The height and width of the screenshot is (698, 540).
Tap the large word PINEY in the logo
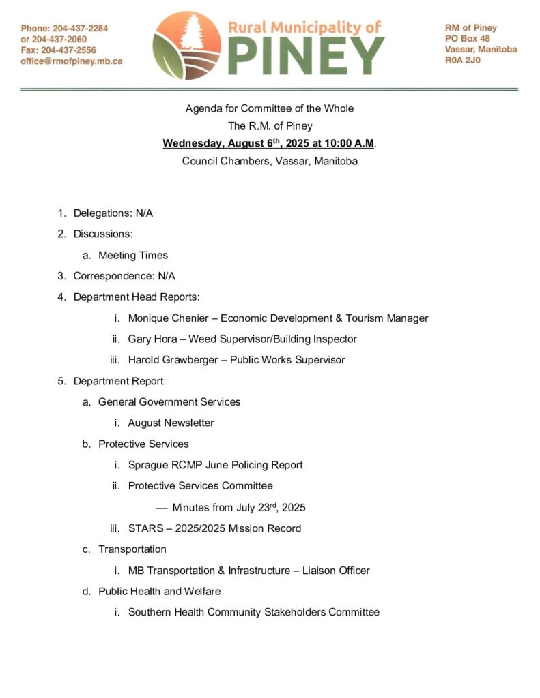click(306, 55)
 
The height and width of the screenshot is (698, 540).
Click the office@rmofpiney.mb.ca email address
click(71, 61)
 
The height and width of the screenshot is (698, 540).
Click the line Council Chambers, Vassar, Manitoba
click(270, 162)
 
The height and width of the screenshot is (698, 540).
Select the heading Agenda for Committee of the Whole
click(270, 108)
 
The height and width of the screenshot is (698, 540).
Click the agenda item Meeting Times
click(132, 255)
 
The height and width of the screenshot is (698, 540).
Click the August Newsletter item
click(171, 423)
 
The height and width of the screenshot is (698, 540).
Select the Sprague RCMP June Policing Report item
click(215, 465)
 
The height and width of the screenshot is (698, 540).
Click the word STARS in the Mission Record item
click(143, 528)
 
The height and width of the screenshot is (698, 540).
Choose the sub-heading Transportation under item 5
click(132, 549)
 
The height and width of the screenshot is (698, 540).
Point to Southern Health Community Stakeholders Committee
click(253, 612)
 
